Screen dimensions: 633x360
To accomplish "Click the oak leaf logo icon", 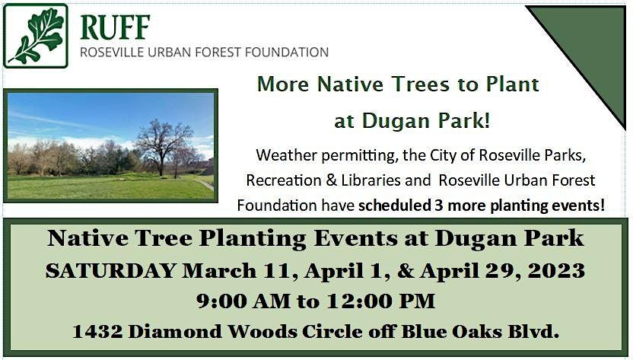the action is [x=36, y=36].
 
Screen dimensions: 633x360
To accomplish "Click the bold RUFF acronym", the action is [x=115, y=27].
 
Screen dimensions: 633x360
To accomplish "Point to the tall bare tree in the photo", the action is [x=163, y=146].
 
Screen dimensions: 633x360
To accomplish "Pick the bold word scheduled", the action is [x=395, y=205].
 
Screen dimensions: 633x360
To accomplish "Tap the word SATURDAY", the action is [x=110, y=270].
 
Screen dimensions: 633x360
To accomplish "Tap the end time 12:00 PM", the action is [x=380, y=301].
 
